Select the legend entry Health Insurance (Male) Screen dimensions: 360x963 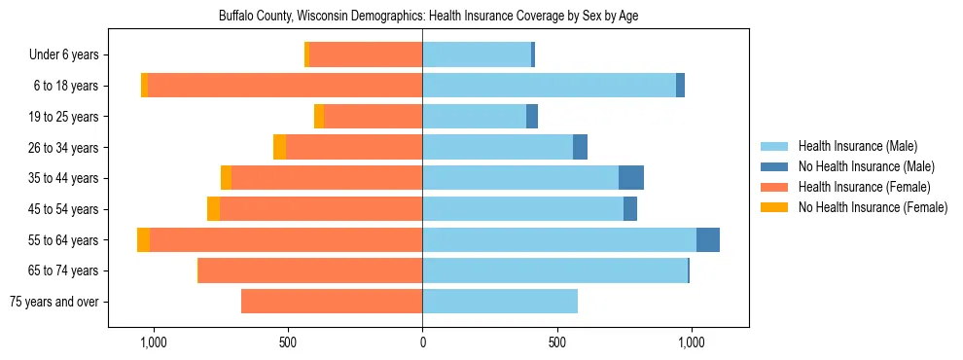tap(857, 146)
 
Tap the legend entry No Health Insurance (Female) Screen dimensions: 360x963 tap(873, 207)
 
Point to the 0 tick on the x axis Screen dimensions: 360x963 tap(422, 342)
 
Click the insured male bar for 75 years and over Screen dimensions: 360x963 tap(500, 302)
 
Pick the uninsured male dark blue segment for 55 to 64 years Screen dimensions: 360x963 tap(708, 240)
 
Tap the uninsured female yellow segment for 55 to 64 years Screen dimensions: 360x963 tap(144, 240)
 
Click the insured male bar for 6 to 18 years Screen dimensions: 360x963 tap(549, 86)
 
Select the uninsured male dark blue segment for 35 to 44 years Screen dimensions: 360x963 tap(631, 178)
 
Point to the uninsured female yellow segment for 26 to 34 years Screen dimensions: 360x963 tap(279, 147)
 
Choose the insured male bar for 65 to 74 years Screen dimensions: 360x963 tap(554, 270)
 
